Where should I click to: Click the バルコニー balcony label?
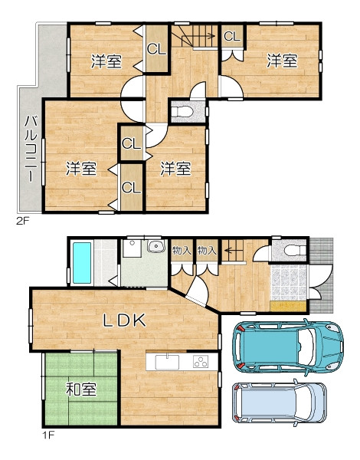[31, 149]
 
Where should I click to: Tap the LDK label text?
[124, 320]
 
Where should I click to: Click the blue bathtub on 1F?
[81, 263]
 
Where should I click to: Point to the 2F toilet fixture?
[182, 112]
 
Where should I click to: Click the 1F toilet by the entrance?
[295, 250]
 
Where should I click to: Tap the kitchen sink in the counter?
[167, 362]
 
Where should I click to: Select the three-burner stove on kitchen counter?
[201, 361]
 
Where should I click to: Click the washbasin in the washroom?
[156, 246]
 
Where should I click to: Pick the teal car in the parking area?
[288, 346]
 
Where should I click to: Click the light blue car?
[280, 402]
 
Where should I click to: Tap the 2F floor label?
[23, 222]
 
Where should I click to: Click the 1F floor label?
[49, 435]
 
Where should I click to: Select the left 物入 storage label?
[182, 250]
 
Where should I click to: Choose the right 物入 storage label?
[207, 250]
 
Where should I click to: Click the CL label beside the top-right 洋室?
[232, 36]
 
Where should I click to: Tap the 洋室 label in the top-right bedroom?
[282, 61]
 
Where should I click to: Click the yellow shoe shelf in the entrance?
[288, 306]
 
